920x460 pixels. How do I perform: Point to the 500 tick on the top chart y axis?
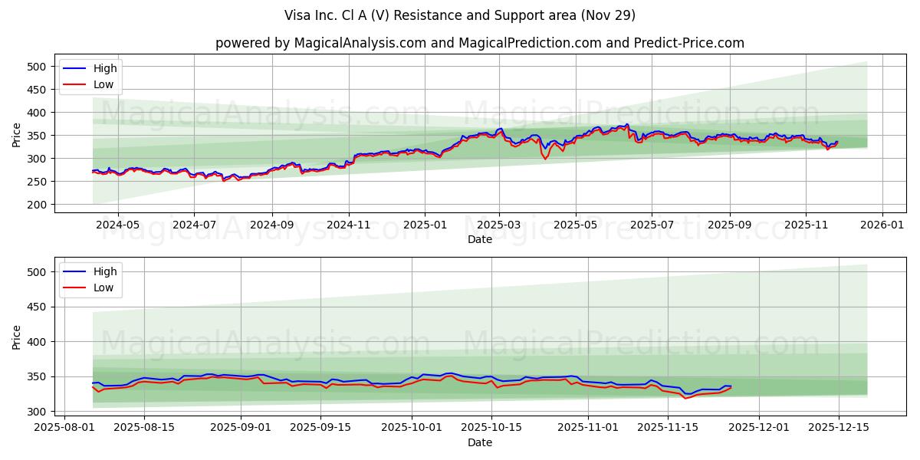coord(37,67)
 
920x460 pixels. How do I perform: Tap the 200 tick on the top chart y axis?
coord(37,205)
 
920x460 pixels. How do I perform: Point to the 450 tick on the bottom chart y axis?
coord(37,307)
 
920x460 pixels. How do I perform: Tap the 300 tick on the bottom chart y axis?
coord(37,412)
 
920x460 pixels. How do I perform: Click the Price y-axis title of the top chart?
coord(17,135)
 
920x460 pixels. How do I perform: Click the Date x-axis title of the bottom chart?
coord(479,443)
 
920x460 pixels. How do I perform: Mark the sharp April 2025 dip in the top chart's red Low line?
coord(545,159)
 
